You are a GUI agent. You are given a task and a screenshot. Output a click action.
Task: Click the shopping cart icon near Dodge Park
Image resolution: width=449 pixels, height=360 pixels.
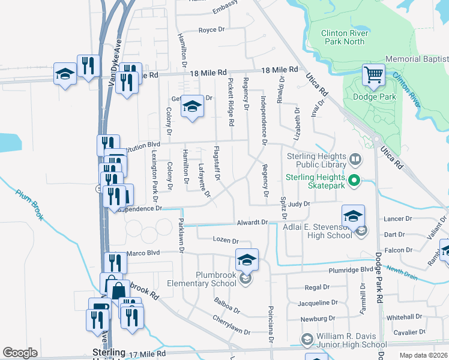pyautogui.click(x=373, y=75)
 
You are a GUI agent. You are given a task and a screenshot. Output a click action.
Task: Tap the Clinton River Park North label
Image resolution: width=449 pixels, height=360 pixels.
pyautogui.click(x=343, y=37)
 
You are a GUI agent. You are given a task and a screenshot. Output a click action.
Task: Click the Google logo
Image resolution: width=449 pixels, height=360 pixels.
pyautogui.click(x=20, y=353)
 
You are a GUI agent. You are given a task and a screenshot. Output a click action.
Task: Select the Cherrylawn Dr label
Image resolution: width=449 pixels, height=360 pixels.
pyautogui.click(x=231, y=331)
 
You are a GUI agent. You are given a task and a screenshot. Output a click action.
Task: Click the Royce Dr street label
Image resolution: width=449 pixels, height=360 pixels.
pyautogui.click(x=211, y=30)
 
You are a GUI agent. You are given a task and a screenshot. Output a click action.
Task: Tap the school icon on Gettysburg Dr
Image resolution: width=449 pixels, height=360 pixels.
pyautogui.click(x=192, y=107)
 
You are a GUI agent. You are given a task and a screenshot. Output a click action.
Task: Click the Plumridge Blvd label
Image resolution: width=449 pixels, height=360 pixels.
pyautogui.click(x=352, y=270)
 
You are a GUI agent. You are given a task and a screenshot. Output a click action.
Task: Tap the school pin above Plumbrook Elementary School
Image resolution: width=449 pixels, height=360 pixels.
pyautogui.click(x=246, y=259)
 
